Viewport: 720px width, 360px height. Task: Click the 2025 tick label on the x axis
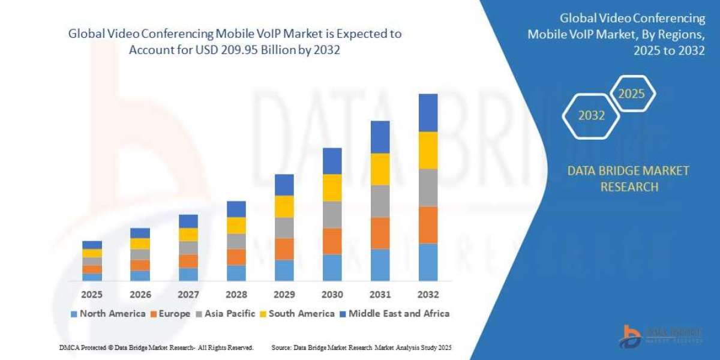(x=92, y=295)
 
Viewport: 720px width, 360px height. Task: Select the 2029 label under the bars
(x=284, y=295)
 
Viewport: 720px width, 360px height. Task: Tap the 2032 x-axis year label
(x=428, y=295)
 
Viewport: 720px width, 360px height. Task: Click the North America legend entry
(x=107, y=313)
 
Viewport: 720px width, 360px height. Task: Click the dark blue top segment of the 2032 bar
(x=428, y=113)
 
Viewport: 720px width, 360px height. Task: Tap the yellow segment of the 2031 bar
(x=380, y=169)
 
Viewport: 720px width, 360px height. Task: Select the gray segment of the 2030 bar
(x=332, y=215)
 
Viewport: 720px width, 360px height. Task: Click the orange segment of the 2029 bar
(x=284, y=249)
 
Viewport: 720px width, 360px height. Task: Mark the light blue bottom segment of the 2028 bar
(x=236, y=273)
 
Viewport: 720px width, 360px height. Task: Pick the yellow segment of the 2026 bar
(x=140, y=244)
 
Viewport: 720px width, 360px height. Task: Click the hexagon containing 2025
(x=631, y=94)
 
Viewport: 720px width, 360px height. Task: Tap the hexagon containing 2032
(x=592, y=116)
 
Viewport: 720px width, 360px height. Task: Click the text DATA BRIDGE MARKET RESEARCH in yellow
(x=628, y=179)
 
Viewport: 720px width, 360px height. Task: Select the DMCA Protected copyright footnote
(x=156, y=347)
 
